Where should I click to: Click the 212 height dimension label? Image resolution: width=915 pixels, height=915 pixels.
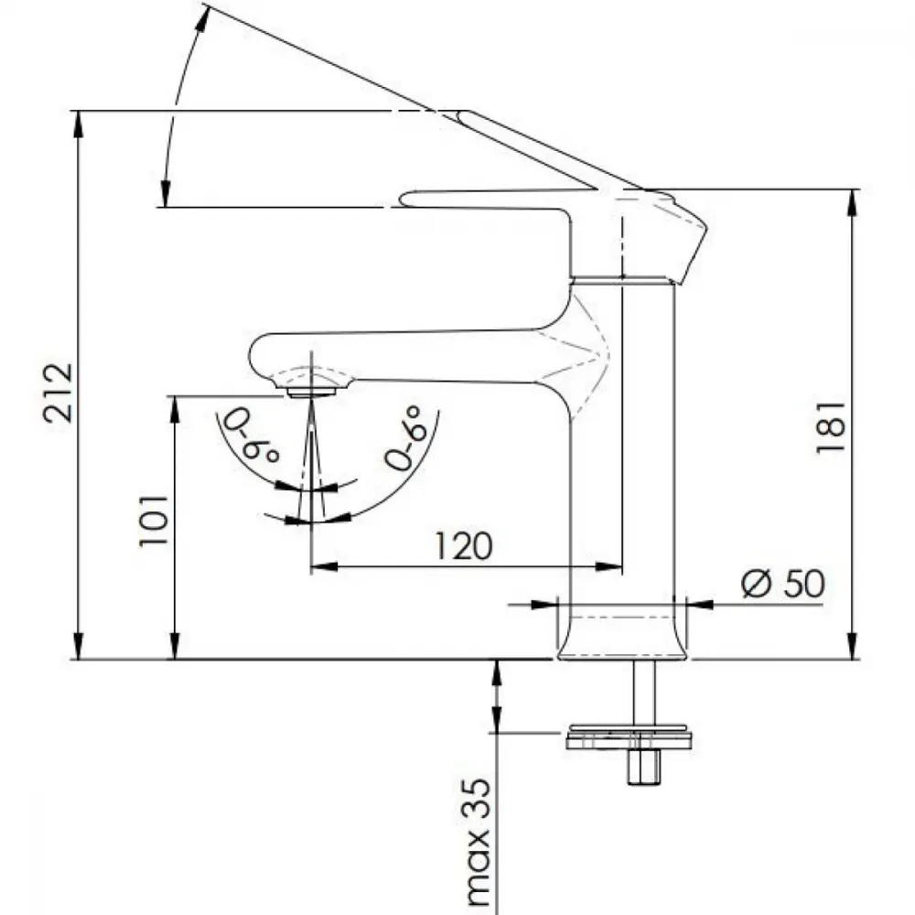(59, 393)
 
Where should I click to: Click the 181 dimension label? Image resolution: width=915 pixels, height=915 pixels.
(831, 426)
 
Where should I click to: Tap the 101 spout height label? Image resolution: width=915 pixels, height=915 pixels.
(154, 521)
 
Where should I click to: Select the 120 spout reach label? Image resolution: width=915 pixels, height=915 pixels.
(464, 546)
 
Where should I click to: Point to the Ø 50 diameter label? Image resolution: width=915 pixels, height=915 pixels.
(783, 583)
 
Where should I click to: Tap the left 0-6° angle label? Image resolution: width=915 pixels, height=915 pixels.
(253, 435)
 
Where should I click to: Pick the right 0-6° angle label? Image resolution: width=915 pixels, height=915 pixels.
(404, 437)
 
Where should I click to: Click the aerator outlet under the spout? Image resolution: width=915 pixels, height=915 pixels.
(312, 393)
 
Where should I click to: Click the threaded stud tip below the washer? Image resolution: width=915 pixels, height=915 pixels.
(644, 768)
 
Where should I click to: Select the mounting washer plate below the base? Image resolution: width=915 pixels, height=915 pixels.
(629, 737)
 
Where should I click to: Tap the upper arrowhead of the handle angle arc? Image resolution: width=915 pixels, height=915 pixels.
(202, 16)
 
